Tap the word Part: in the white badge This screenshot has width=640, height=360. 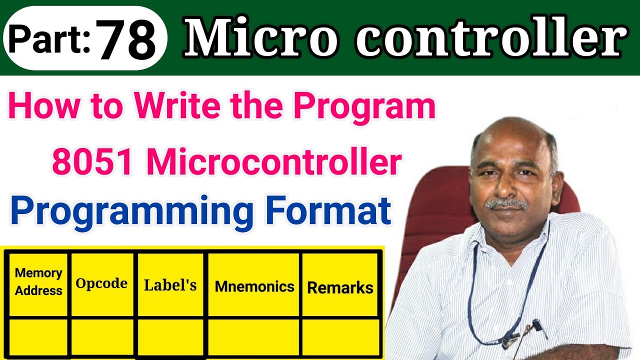[48, 39]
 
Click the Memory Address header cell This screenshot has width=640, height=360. [38, 282]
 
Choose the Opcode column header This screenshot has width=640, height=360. [101, 283]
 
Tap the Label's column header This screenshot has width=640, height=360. [170, 285]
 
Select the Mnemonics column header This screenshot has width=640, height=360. [254, 286]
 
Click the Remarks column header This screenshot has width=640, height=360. [340, 287]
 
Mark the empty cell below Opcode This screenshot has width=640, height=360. [102, 335]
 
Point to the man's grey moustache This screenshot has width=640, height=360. [506, 203]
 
